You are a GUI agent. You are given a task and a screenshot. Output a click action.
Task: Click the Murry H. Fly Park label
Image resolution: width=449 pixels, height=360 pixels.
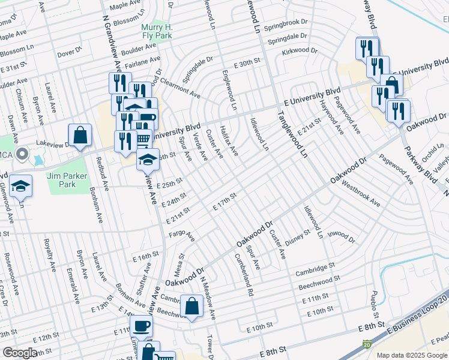pos(157,32)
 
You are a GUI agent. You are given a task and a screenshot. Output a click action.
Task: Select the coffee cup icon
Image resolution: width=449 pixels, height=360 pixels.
pos(141,326)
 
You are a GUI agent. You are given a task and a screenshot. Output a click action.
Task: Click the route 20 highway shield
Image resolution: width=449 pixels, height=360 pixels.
pos(366,344)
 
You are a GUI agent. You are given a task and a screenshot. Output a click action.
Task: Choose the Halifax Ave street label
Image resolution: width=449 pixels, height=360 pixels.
pos(229,140)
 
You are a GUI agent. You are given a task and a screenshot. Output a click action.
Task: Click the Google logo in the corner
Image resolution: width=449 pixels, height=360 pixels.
pos(20,353)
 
